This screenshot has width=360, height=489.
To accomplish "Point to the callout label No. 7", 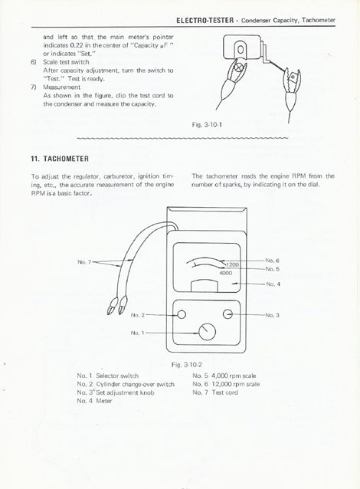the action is pyautogui.click(x=84, y=261).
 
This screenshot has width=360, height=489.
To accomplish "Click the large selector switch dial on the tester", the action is pyautogui.click(x=206, y=333).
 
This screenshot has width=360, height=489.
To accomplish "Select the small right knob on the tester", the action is pyautogui.click(x=229, y=313).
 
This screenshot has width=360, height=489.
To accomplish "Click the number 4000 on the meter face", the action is pyautogui.click(x=225, y=273).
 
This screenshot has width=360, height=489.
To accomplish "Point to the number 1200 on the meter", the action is pyautogui.click(x=231, y=264).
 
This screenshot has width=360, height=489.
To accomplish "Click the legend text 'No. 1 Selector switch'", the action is pyautogui.click(x=108, y=376).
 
